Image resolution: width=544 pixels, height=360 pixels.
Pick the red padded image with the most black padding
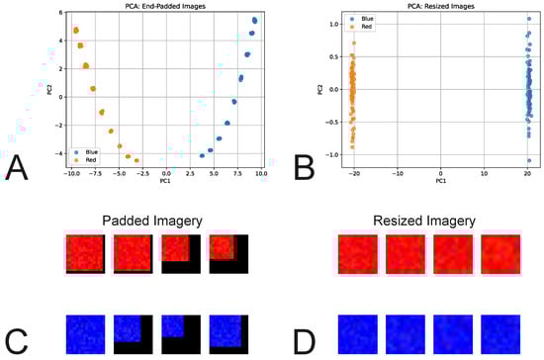227,259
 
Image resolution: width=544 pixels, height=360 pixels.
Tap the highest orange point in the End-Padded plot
76,31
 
